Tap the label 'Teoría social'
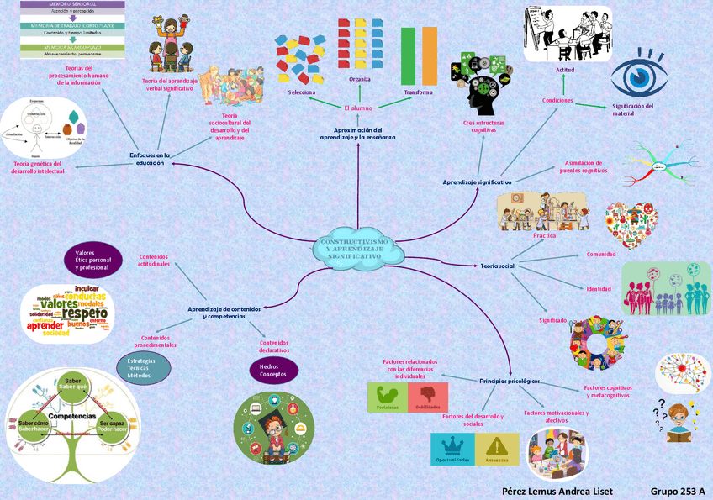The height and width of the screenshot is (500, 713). click(x=497, y=266)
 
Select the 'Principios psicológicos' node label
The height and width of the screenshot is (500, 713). click(x=510, y=381)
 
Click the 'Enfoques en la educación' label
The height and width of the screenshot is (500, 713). click(x=150, y=159)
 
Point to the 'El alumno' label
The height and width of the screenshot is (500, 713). click(x=357, y=108)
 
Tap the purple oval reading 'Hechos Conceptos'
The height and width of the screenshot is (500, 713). click(x=274, y=370)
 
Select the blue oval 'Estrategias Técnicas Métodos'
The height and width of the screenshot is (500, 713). click(x=143, y=368)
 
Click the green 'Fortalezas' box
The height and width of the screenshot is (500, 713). click(x=388, y=397)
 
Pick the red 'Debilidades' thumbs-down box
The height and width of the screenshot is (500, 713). click(x=427, y=397)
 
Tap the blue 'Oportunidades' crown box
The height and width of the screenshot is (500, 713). click(x=452, y=449)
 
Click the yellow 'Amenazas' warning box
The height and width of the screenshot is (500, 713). click(x=497, y=449)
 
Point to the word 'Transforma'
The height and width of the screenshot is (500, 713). click(x=418, y=92)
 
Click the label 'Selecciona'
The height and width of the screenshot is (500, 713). click(x=302, y=92)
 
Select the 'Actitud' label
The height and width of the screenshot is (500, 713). click(x=564, y=81)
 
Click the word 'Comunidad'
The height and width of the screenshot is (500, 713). click(x=601, y=254)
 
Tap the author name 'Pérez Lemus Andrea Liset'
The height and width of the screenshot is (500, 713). click(x=557, y=491)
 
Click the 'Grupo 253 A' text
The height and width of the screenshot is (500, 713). click(x=677, y=491)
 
